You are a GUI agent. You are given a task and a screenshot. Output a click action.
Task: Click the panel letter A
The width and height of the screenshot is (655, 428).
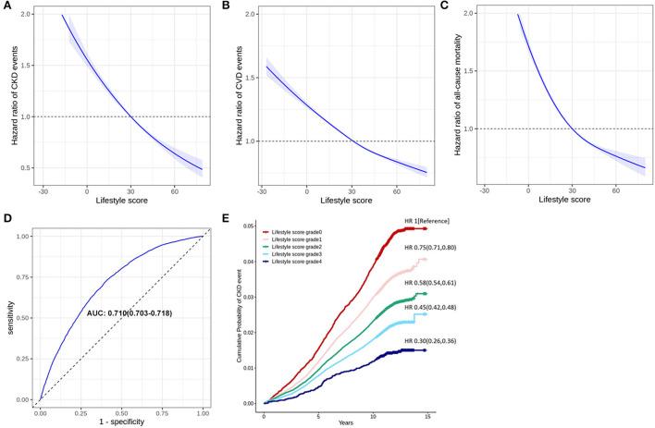6,6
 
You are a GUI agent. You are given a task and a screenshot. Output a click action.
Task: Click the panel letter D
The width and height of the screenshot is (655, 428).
6,219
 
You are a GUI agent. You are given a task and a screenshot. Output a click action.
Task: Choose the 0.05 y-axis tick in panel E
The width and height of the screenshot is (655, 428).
249,226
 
